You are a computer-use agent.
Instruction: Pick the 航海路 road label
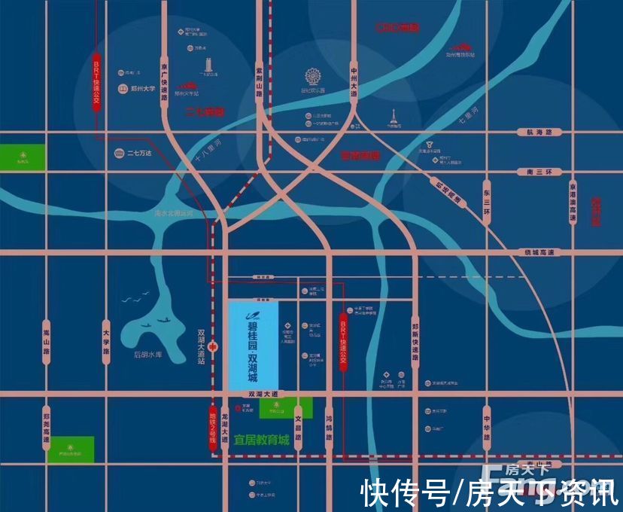point(539,133)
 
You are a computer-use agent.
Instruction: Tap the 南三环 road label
point(539,172)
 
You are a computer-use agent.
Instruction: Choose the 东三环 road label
point(487,200)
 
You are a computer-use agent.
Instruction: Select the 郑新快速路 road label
point(415,341)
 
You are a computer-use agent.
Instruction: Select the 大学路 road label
point(106,341)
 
